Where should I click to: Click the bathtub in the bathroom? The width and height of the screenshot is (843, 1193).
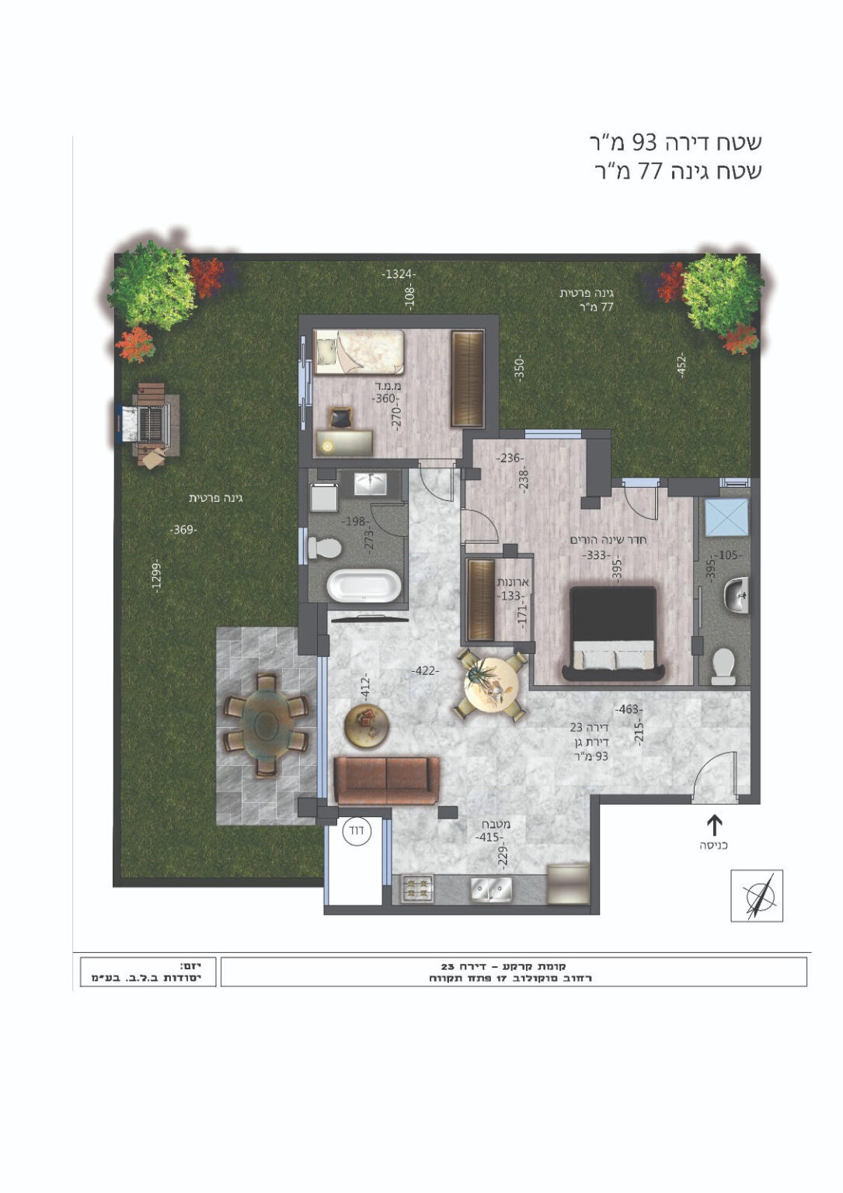tap(364, 586)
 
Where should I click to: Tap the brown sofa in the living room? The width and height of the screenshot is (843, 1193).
tap(386, 780)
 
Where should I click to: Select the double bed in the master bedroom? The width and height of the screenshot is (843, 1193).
tap(613, 633)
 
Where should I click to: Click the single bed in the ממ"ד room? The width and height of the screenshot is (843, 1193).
tap(359, 352)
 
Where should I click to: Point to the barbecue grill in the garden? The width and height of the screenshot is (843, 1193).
tap(147, 425)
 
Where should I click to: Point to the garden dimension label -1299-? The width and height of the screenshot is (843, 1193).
tap(156, 576)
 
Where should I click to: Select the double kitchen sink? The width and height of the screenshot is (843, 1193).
tap(491, 889)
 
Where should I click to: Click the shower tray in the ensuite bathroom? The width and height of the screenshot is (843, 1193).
tap(726, 517)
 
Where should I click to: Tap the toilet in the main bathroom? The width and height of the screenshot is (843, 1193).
tap(325, 548)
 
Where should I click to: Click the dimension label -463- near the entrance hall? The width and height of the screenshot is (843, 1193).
tap(629, 709)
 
